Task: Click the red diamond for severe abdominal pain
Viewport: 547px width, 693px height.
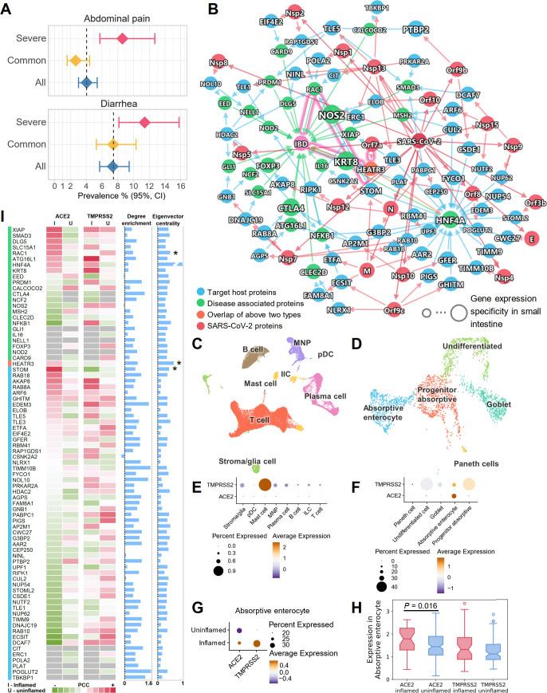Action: [122, 37]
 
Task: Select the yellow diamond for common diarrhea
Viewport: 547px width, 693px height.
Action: [113, 144]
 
